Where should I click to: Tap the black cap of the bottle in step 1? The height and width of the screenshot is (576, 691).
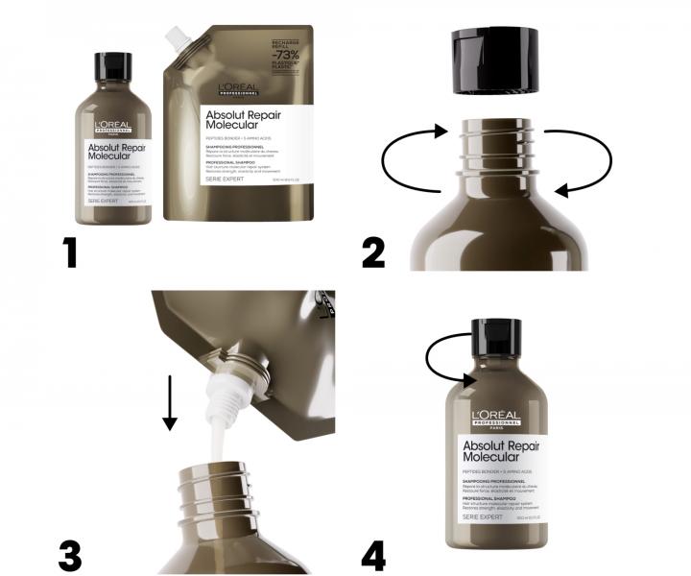pyautogui.click(x=113, y=67)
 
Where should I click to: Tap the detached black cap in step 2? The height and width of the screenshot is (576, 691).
pyautogui.click(x=495, y=60)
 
